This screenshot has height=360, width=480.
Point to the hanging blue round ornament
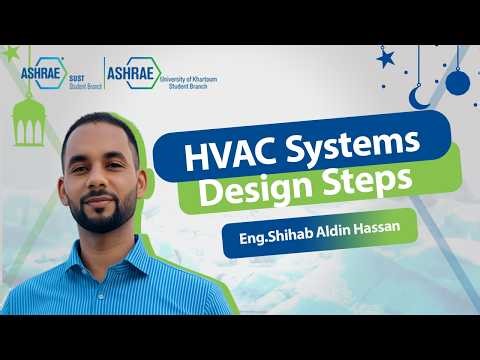[x=457, y=82]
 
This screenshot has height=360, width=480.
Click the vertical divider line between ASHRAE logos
[x=105, y=70]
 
